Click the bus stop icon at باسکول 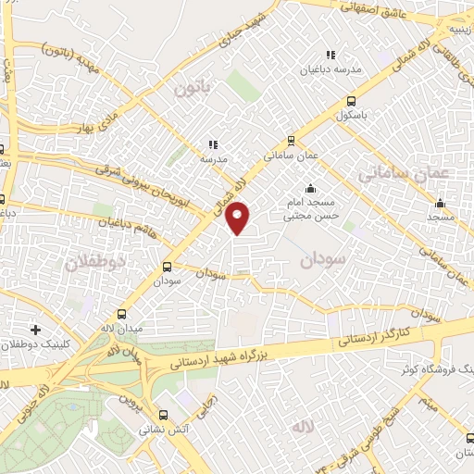(351, 102)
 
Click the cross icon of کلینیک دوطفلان (35, 329)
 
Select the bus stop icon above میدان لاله (121, 316)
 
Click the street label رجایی (210, 401)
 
